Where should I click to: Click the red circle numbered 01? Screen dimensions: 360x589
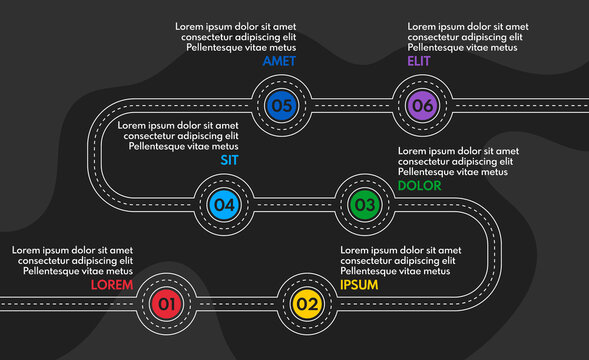166,303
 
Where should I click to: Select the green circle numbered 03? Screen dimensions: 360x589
364,206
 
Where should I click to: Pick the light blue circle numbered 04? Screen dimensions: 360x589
224,206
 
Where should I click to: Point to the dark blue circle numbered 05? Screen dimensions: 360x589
281,103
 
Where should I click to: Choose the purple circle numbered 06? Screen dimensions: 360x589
422,103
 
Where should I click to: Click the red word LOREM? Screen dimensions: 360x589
112,284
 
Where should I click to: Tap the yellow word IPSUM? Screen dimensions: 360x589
360,284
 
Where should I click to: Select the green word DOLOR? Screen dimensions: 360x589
419,185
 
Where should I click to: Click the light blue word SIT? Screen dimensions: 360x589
230,159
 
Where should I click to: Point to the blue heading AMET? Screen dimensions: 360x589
279,61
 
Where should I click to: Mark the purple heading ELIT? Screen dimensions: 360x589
418,61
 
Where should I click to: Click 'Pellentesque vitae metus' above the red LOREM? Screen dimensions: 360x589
78,271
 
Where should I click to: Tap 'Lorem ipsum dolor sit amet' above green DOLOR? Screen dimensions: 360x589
458,151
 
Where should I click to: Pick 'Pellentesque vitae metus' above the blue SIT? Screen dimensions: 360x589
184,146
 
